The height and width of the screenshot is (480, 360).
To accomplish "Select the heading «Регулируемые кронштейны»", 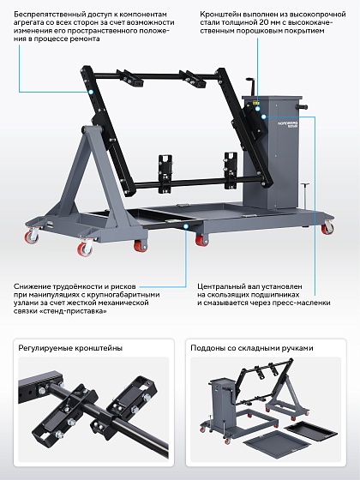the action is (x=70, y=348).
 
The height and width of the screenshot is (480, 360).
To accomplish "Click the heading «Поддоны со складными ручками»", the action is (x=252, y=348).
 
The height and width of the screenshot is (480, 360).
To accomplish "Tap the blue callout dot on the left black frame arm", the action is (x=91, y=92).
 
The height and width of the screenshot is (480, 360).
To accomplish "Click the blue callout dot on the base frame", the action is (x=186, y=226).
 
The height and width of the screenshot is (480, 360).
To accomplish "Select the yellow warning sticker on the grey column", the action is (x=255, y=103).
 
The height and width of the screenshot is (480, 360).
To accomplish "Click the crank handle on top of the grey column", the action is (x=252, y=86).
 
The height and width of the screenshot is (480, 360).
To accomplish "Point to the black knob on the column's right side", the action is (x=302, y=107).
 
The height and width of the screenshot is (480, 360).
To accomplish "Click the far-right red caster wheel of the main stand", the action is (x=327, y=228).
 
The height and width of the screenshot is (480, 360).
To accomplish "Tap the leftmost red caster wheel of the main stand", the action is (x=31, y=237).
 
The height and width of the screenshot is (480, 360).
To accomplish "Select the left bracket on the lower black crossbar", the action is (x=165, y=174).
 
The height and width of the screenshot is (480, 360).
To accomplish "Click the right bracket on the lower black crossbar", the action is (x=231, y=171).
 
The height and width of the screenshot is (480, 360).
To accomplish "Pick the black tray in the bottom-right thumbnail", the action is (x=311, y=429).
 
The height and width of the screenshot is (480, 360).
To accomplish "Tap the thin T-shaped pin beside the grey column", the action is (x=305, y=195).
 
